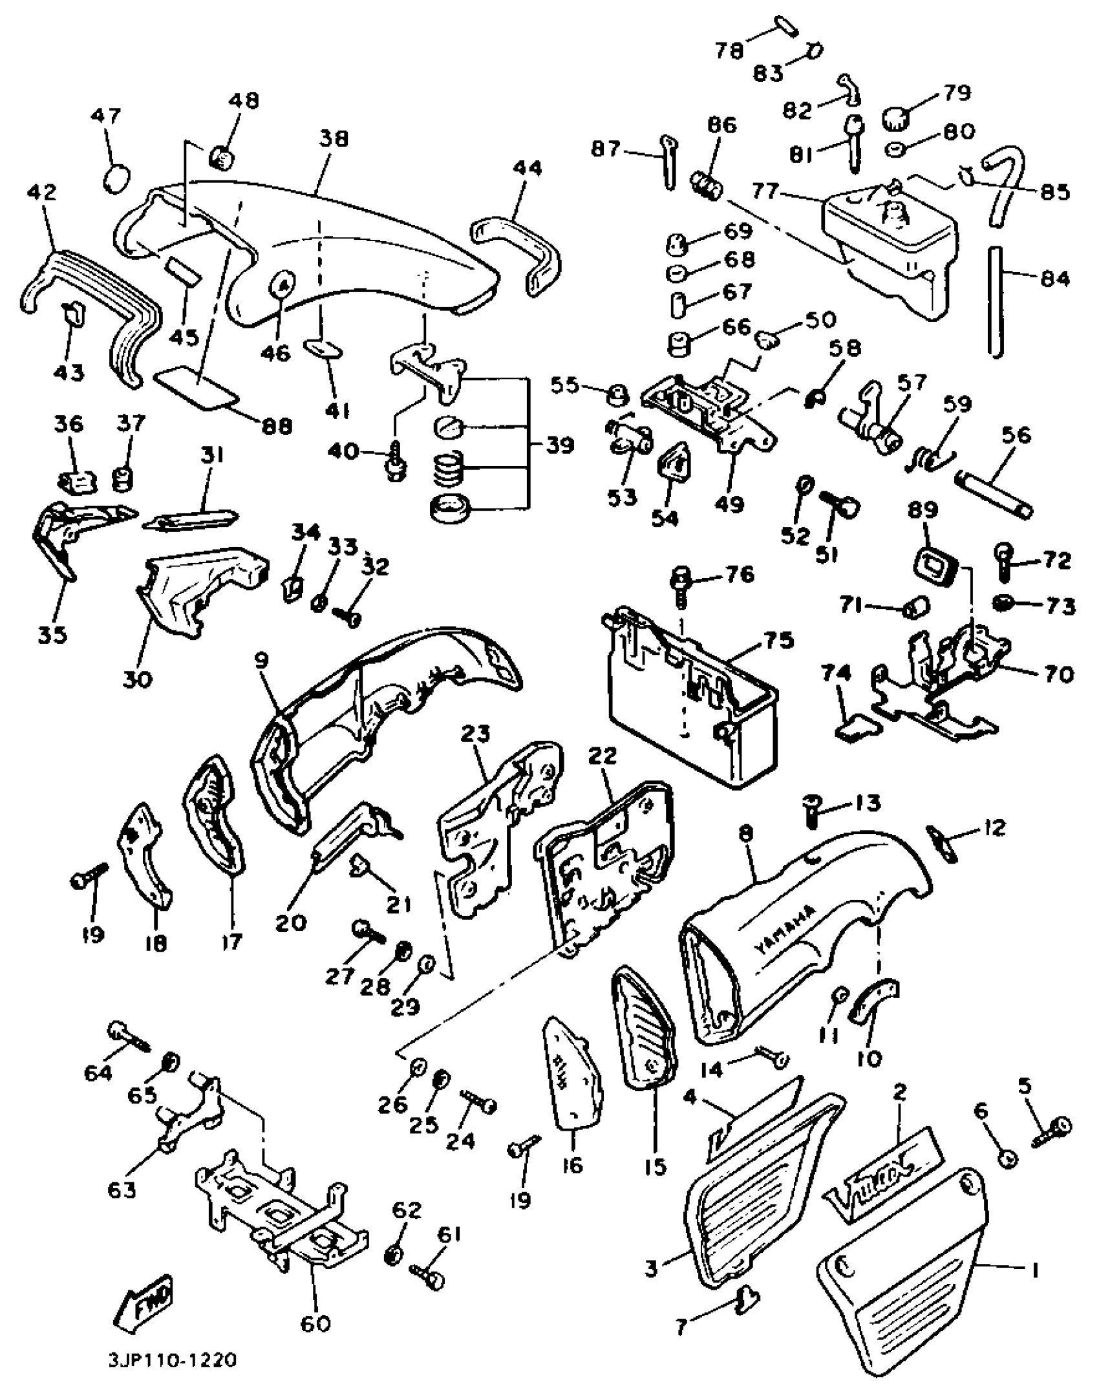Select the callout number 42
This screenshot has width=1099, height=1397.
click(x=42, y=193)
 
